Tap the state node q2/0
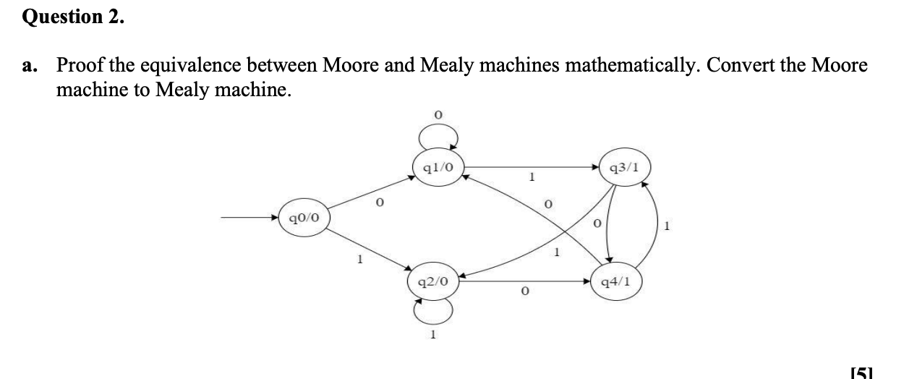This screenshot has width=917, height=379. (434, 281)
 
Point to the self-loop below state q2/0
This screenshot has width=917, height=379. (433, 312)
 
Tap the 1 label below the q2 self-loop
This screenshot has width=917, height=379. (432, 335)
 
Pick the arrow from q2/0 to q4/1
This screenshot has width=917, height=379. (524, 281)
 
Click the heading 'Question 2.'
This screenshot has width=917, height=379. (73, 17)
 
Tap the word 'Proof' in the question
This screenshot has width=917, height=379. (80, 66)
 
